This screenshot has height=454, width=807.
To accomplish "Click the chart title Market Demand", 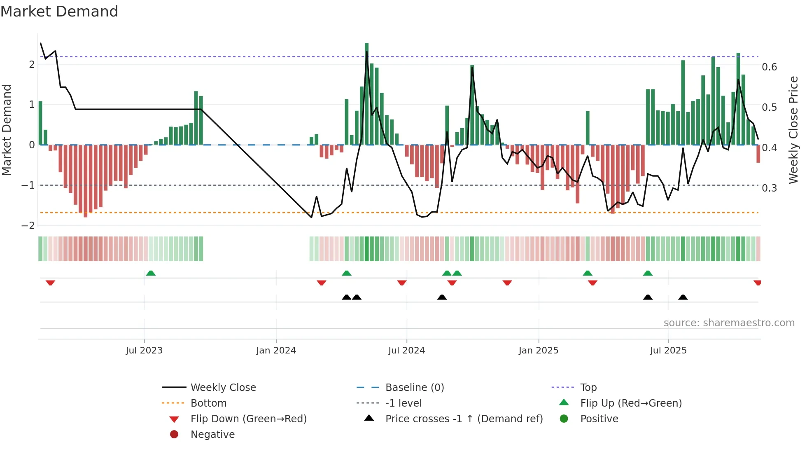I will click(59, 11).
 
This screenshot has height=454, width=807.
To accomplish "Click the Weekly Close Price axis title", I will click(793, 130).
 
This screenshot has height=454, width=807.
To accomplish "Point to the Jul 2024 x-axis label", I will click(406, 350).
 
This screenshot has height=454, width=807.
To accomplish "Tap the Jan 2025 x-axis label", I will click(538, 350).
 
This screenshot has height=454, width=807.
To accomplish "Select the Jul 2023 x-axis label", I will click(144, 350).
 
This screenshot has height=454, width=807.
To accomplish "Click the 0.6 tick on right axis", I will click(769, 67).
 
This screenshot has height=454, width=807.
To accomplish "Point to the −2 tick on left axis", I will click(28, 225).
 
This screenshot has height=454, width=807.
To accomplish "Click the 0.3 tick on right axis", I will click(769, 188).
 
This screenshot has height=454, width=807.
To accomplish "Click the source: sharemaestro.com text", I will click(729, 323).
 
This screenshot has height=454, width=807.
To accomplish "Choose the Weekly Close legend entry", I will click(223, 387).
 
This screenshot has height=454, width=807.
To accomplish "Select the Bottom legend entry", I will click(208, 403).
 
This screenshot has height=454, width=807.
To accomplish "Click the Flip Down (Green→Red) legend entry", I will click(248, 419).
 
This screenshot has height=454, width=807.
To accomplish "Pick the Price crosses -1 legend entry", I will click(464, 419).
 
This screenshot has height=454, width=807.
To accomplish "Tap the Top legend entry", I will click(588, 387).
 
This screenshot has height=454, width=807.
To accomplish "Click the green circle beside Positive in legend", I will click(564, 419).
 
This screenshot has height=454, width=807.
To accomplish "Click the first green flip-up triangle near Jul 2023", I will click(151, 273).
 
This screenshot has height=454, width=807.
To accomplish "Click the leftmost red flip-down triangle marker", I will click(50, 283).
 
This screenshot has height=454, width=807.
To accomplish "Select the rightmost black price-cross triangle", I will click(683, 297).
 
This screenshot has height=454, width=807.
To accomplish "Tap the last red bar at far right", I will click(758, 154).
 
